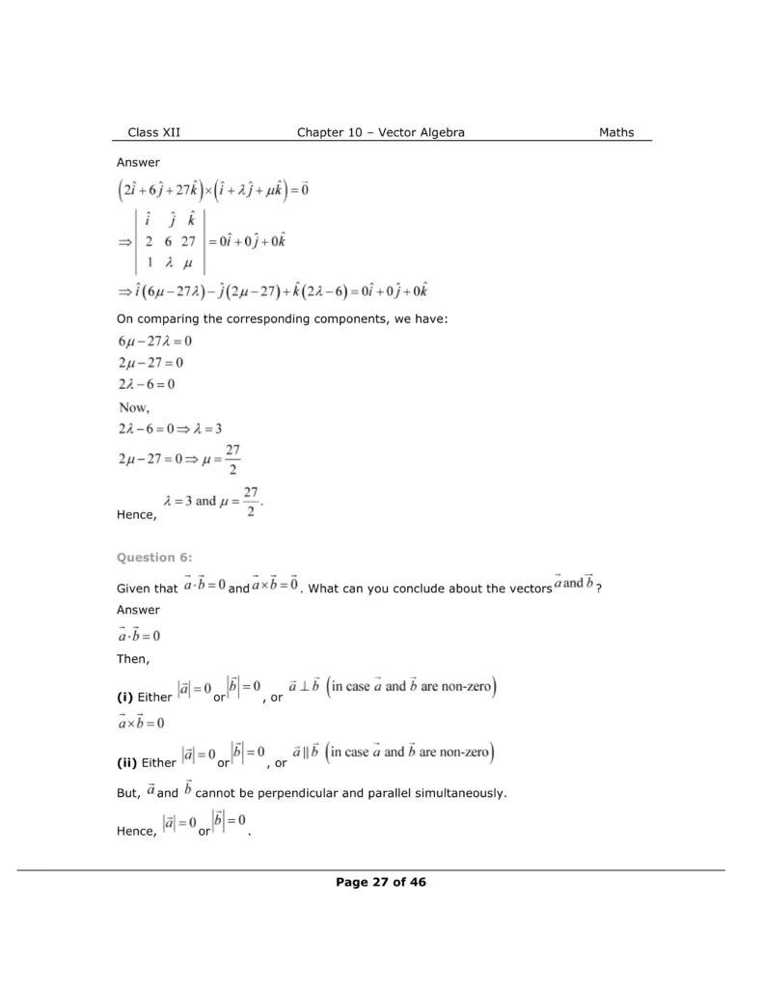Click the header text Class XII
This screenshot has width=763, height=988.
coord(153,132)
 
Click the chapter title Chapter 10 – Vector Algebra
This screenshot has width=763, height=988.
coord(381,132)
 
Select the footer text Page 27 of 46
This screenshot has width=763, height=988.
coord(381,881)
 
